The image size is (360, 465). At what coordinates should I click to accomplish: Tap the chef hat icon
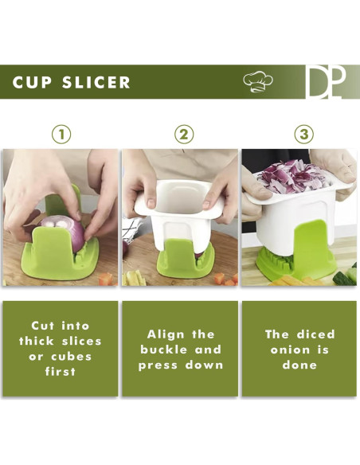[x=257, y=81]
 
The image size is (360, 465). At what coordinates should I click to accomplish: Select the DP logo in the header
[x=327, y=82]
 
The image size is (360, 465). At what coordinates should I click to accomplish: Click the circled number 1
[x=61, y=134]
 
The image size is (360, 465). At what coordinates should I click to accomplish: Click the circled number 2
[x=184, y=134]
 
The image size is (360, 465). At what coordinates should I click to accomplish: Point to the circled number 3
[x=303, y=134]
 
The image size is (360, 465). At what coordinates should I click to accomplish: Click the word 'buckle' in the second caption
[x=162, y=350]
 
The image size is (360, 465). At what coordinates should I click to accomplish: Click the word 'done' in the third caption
[x=299, y=365]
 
